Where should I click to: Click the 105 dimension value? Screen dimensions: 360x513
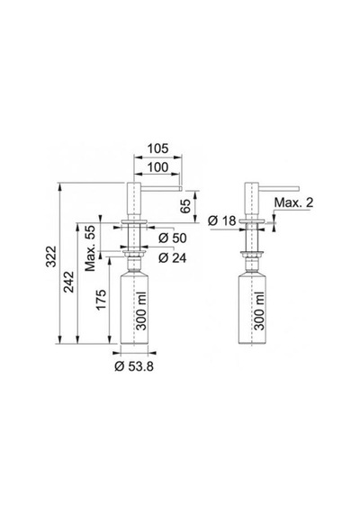pyautogui.click(x=157, y=148)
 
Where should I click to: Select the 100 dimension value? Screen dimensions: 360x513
pyautogui.click(x=157, y=167)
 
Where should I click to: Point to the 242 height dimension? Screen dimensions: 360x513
pyautogui.click(x=68, y=283)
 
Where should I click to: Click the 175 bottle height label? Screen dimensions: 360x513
pyautogui.click(x=101, y=299)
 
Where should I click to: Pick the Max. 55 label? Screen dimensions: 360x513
pyautogui.click(x=90, y=248)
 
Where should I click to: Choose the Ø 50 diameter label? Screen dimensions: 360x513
pyautogui.click(x=172, y=238)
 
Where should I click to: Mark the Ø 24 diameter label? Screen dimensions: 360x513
pyautogui.click(x=172, y=257)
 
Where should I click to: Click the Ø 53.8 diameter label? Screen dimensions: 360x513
pyautogui.click(x=134, y=366)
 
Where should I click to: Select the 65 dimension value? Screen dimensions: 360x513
pyautogui.click(x=186, y=206)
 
